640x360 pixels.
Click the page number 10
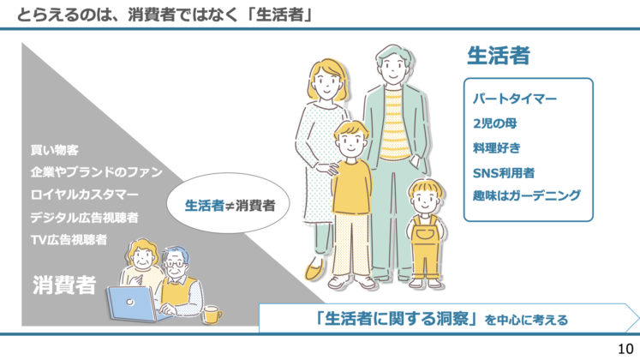625,348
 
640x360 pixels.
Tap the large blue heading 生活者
498,56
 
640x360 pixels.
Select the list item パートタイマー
515,99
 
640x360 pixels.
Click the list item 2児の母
494,123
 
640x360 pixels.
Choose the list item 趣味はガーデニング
526,195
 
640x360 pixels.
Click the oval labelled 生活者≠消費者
236,206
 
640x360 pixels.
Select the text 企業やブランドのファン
96,171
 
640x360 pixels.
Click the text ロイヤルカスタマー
84,194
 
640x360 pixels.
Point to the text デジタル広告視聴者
84,217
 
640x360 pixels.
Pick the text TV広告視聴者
69,239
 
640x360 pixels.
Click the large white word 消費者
64,285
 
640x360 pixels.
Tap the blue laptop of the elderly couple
133,303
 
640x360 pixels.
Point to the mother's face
326,83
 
